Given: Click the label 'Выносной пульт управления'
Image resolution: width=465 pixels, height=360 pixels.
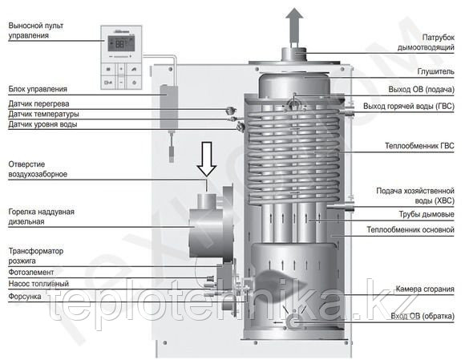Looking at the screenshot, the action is [x=36, y=30].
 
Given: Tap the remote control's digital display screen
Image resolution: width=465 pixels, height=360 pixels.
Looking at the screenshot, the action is [x=121, y=43].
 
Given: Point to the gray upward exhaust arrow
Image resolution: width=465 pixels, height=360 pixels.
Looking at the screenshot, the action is [x=294, y=25].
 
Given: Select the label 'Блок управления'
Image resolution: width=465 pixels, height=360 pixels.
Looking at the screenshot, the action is [x=38, y=89].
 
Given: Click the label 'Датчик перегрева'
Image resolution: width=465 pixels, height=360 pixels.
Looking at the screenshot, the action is [x=38, y=103].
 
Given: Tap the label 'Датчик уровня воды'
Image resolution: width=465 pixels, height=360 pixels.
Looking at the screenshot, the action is [x=42, y=124].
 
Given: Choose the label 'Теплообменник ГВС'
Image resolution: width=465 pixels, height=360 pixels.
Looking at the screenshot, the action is [x=419, y=146].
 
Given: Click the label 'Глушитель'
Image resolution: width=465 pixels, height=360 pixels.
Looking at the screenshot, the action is [x=435, y=71].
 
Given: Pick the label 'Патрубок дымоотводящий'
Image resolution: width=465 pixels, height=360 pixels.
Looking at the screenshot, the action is [x=426, y=42].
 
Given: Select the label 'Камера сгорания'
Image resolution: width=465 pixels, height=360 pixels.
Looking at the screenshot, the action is [x=425, y=289].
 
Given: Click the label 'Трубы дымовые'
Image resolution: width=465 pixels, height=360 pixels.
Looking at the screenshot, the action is [x=427, y=214].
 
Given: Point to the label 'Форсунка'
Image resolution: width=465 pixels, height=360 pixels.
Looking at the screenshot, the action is [x=25, y=296].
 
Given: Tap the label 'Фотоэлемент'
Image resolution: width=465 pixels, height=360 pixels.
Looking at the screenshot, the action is [x=31, y=272].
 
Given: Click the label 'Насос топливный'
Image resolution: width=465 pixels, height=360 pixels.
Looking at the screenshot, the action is [x=38, y=284].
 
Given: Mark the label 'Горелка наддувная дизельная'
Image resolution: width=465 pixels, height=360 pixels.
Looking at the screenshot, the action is [x=41, y=216].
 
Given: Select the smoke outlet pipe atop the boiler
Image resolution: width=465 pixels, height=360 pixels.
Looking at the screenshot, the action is [x=293, y=54].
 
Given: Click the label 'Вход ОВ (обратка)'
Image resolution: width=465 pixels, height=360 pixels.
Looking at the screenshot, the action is [x=423, y=316].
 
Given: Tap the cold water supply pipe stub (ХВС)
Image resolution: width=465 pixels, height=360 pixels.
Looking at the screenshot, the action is [x=341, y=206].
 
